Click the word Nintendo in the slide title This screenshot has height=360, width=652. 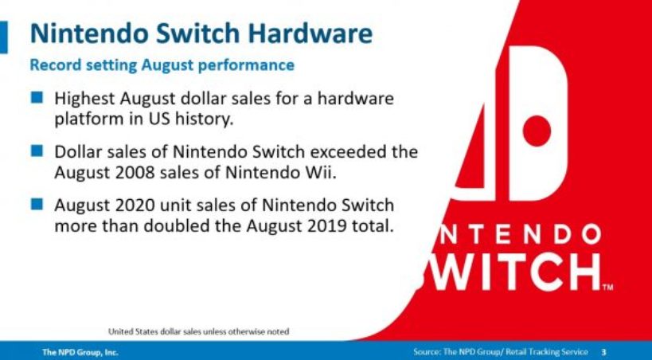pos(88,33)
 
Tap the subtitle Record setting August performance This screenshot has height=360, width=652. pos(162,65)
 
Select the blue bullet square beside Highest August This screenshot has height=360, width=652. pos(37,97)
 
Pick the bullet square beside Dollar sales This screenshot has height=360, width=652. pos(37,151)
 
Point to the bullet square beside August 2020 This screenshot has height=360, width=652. pos(37,204)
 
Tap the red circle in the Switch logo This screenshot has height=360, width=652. pos(537,131)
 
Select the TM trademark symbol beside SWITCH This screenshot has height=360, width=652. pos(607,287)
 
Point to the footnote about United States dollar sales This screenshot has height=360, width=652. pos(199,331)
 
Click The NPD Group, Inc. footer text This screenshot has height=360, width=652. pos(80,352)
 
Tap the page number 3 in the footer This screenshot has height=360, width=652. pos(603,352)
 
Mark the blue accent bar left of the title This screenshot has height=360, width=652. pos(4,37)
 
